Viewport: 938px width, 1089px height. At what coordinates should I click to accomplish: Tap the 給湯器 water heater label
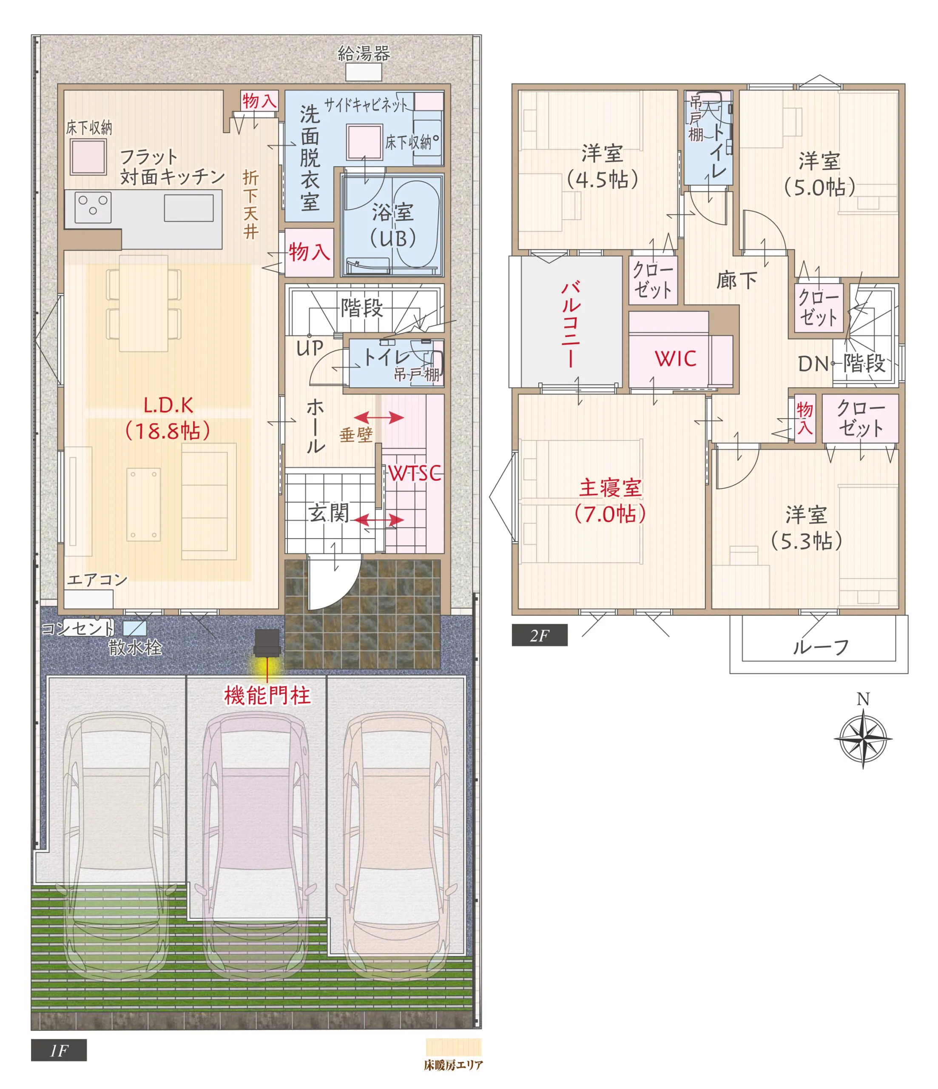click(364, 54)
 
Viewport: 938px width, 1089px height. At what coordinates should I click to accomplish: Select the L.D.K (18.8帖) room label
click(168, 418)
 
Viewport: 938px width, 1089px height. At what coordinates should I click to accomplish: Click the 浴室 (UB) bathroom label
click(392, 225)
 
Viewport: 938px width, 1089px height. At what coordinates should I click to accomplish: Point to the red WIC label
click(676, 359)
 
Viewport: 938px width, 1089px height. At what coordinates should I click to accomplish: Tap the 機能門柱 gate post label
click(267, 696)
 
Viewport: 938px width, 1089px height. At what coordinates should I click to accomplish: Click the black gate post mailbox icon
click(267, 643)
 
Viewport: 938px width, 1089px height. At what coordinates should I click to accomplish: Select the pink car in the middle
click(256, 846)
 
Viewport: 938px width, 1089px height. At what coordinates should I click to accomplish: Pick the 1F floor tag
click(59, 1050)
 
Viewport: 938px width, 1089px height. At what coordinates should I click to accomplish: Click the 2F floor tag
click(540, 636)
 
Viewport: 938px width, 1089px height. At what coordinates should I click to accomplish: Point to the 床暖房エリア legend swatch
click(454, 1047)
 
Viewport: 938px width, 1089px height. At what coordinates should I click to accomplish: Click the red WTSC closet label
click(415, 473)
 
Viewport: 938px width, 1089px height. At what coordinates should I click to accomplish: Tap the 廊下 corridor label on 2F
click(737, 280)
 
